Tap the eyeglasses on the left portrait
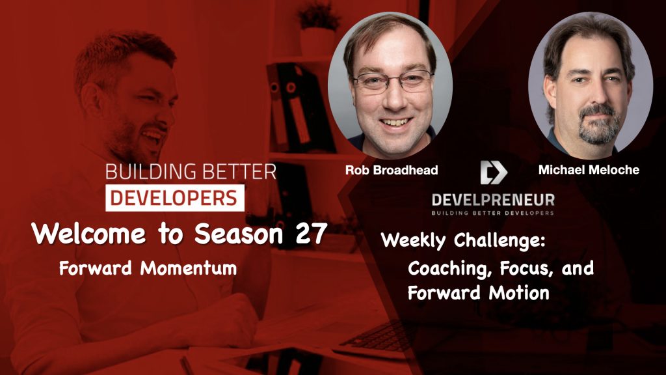(x=388, y=83)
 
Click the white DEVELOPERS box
(x=175, y=198)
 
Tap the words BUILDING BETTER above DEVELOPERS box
(x=190, y=172)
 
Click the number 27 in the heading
(x=310, y=234)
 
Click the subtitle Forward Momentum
(x=148, y=268)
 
